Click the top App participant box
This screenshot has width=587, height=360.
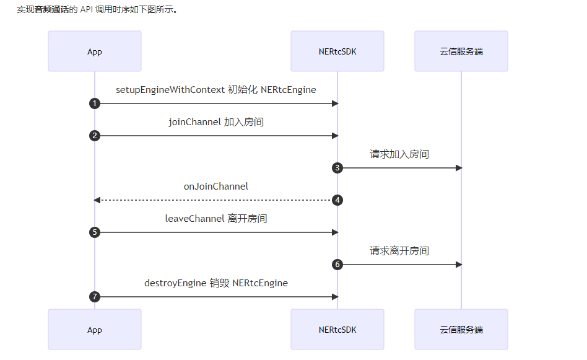(x=94, y=51)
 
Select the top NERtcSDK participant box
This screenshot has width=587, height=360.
(x=337, y=51)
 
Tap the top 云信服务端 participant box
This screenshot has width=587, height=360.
(x=461, y=51)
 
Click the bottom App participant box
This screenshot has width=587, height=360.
(x=94, y=330)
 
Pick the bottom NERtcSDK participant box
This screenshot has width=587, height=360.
(x=337, y=330)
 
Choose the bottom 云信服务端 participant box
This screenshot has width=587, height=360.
(x=461, y=330)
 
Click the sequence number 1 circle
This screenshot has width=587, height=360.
(x=94, y=103)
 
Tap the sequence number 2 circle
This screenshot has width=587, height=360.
(x=94, y=136)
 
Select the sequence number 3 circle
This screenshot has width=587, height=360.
(x=337, y=168)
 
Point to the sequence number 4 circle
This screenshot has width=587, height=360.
(x=337, y=200)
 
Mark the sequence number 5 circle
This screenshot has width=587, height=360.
(x=94, y=232)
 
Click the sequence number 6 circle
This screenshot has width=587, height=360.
(x=337, y=265)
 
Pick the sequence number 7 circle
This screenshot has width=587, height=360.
(x=94, y=297)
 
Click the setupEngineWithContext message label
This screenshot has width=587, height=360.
(x=215, y=90)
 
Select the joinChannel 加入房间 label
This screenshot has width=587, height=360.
(x=215, y=122)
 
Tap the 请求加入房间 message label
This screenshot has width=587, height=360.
(x=399, y=154)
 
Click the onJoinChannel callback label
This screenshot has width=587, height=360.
(x=215, y=187)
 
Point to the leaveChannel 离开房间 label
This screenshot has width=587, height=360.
(x=215, y=219)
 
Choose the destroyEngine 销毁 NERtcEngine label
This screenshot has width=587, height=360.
(x=215, y=283)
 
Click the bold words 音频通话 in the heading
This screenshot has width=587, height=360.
(x=55, y=10)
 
